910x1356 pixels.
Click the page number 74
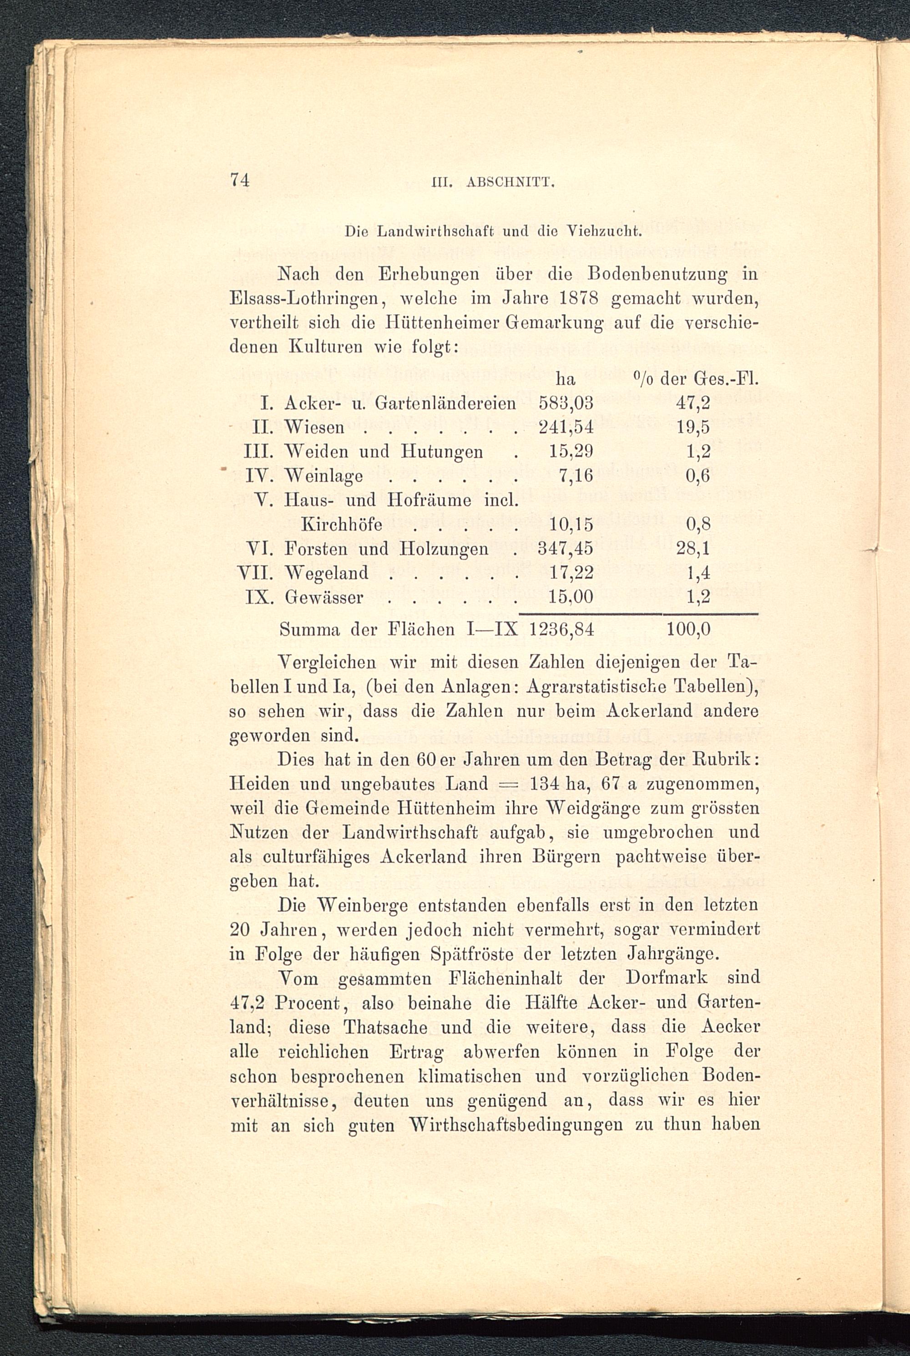[x=240, y=181]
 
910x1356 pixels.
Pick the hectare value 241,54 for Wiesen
[x=566, y=428]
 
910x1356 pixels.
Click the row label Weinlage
[x=324, y=476]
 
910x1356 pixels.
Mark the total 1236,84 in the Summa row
[x=562, y=630]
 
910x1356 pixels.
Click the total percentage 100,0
[x=688, y=630]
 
